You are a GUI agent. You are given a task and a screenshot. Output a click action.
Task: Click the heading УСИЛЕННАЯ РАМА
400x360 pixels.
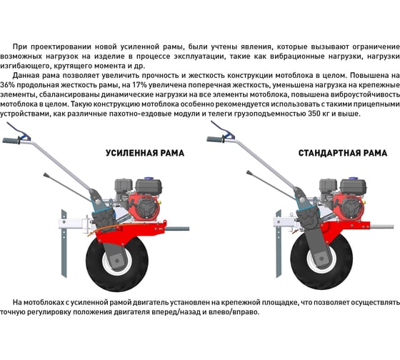(x=145, y=153)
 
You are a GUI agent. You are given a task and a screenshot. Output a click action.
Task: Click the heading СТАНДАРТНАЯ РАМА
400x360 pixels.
(x=343, y=153)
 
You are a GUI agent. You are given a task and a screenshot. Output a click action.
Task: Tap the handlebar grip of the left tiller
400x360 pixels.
(x=11, y=141)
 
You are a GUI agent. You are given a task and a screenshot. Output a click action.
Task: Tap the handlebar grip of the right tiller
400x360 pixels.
(x=215, y=139)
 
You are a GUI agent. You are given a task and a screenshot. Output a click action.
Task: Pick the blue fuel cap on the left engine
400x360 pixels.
(x=148, y=179)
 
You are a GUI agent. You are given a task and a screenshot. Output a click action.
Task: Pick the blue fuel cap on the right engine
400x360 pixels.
(x=353, y=179)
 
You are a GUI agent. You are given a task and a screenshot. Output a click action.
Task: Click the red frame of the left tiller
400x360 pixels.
(x=130, y=231)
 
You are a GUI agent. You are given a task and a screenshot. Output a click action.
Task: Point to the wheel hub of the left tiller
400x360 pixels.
(x=117, y=261)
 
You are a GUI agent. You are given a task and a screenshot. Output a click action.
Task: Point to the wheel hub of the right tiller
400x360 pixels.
(x=321, y=259)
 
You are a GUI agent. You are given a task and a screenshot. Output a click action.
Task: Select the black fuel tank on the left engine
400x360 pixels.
(x=149, y=186)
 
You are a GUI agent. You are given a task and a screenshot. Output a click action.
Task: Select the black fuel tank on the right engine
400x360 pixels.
(x=354, y=186)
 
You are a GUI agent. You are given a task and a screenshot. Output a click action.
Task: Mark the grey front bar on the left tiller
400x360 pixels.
(x=178, y=229)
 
